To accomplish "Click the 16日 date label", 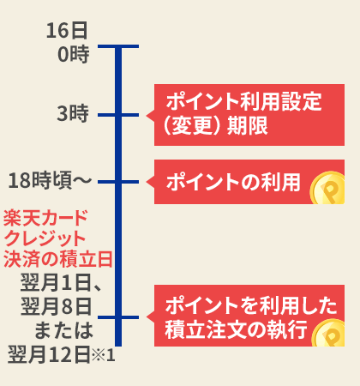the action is [x=67, y=31].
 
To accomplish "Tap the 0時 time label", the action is [x=74, y=54].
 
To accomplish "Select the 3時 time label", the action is [x=73, y=113].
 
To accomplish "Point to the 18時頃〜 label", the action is [x=50, y=180].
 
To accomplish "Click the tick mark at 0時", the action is [x=118, y=46].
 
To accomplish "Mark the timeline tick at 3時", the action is [x=118, y=115].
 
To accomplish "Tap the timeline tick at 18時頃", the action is [x=118, y=182].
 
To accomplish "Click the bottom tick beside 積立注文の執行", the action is [x=118, y=317].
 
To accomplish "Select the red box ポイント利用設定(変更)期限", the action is [x=249, y=115].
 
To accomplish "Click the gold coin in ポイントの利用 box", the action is [x=328, y=188].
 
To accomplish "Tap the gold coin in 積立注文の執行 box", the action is [x=329, y=334].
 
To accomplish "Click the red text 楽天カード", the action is [x=45, y=218].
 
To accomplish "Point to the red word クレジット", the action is [x=45, y=238].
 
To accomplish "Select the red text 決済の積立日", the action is [x=58, y=259].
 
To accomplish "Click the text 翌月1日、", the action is [x=61, y=283].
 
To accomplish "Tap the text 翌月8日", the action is [x=57, y=306].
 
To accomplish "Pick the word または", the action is [x=63, y=330].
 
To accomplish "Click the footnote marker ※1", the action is [x=104, y=355].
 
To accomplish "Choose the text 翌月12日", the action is [x=49, y=354].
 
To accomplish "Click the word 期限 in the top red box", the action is [x=248, y=125].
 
